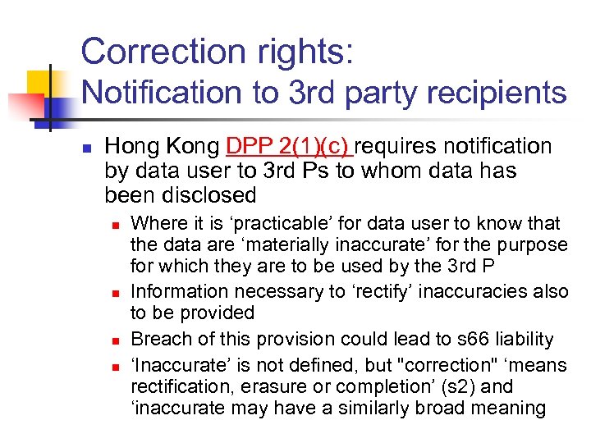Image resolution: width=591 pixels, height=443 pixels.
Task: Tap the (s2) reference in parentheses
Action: [x=467, y=386]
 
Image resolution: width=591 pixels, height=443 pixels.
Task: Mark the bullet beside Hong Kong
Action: [x=85, y=148]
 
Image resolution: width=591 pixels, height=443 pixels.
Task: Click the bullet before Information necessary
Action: [x=118, y=292]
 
